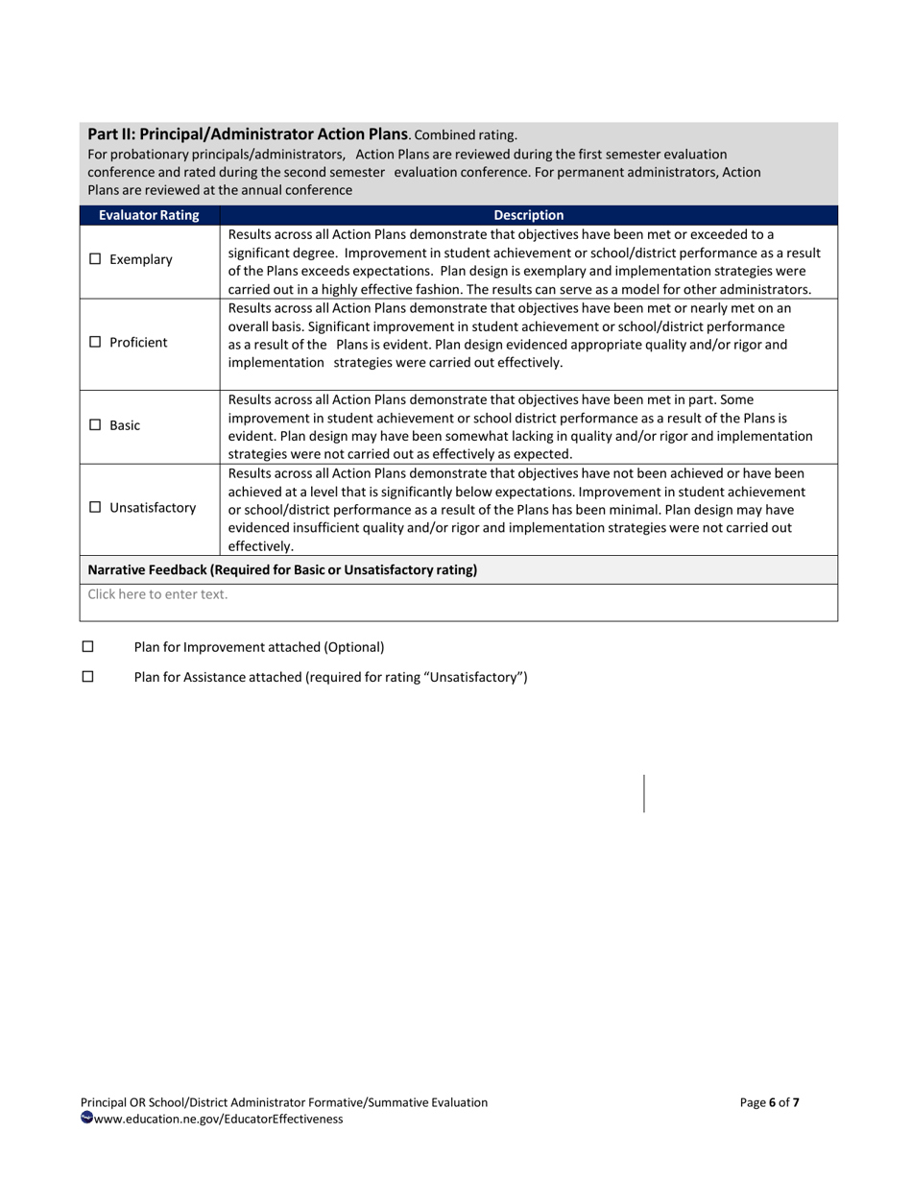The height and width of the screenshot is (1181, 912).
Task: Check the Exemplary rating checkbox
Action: point(95,259)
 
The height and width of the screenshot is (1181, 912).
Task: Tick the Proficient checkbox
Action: point(95,342)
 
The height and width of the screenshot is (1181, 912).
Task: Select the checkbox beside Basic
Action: point(95,424)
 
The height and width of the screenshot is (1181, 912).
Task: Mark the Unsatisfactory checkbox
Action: point(95,507)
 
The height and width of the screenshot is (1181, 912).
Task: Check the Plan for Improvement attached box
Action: point(88,646)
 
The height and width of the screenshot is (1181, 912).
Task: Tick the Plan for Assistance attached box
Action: point(88,676)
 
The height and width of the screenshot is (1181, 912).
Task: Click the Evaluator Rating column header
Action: point(149,215)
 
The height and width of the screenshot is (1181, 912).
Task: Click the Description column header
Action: point(528,215)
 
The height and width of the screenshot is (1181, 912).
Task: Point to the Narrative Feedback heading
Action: point(282,569)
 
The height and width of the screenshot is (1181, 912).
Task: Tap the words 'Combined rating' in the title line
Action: point(467,135)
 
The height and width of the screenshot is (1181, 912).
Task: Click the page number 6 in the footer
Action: point(773,1102)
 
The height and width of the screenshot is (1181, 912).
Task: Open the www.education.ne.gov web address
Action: point(218,1119)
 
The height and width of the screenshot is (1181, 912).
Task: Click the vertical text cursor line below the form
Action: point(644,793)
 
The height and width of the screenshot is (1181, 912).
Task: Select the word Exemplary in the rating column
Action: point(141,259)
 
